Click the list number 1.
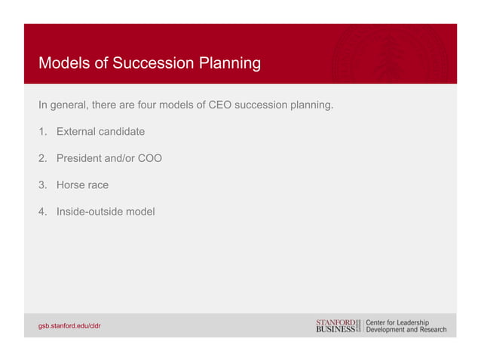click(42, 132)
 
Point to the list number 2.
click(42, 159)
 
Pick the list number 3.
click(42, 185)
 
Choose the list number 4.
click(42, 212)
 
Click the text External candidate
click(100, 132)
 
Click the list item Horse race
click(82, 185)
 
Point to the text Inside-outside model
click(106, 212)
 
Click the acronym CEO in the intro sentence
click(219, 105)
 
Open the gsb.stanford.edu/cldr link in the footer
click(69, 325)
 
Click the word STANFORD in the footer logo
click(335, 322)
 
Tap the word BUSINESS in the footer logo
click(335, 330)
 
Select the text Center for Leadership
click(397, 322)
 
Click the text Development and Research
click(406, 330)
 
